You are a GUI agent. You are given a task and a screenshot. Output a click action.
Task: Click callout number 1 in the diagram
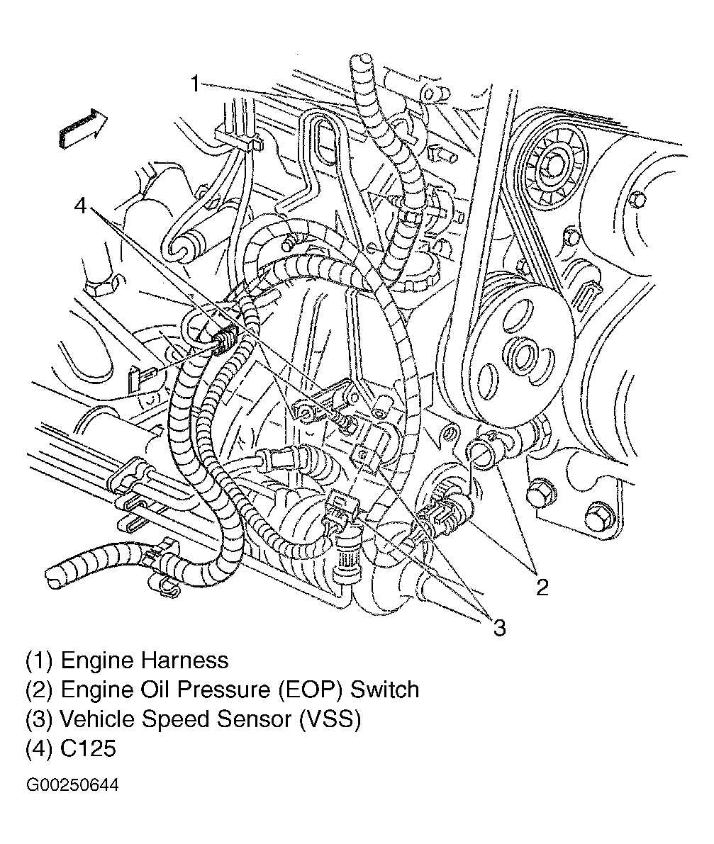196,84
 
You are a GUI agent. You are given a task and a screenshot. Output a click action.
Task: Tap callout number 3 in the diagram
499,626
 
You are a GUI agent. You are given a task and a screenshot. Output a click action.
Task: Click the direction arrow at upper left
82,128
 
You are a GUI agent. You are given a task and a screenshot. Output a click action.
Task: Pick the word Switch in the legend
385,690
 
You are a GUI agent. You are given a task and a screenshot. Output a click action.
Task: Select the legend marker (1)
40,660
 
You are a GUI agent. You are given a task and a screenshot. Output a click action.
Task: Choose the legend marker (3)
40,719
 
